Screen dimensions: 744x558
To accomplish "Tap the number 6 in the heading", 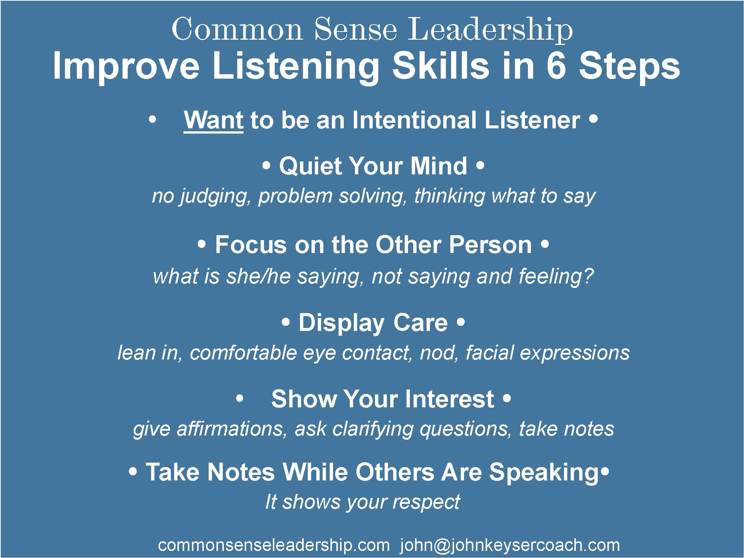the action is click(x=556, y=66).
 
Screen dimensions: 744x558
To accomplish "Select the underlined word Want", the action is click(x=213, y=120).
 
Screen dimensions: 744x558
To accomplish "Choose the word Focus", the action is click(x=251, y=245).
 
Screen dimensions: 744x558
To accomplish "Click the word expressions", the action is click(x=574, y=353).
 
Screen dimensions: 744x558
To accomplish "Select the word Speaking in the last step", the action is click(x=544, y=472).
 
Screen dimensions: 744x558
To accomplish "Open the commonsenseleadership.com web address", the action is click(x=274, y=545).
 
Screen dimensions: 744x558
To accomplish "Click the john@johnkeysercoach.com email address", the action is click(x=510, y=545).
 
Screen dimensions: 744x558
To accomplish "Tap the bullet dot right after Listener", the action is click(x=593, y=119).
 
